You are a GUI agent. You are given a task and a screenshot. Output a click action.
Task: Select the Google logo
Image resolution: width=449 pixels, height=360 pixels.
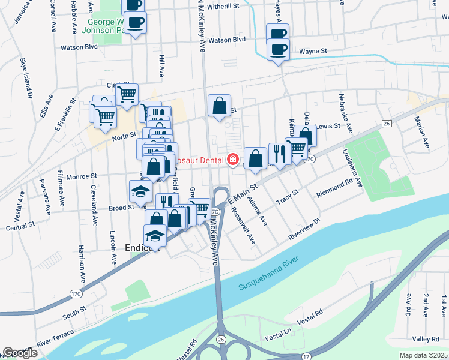click(19, 353)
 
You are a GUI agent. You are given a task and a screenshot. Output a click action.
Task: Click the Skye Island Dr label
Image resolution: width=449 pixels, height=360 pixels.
click(26, 77)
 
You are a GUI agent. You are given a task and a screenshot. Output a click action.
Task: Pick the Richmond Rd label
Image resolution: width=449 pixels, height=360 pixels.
click(334, 187)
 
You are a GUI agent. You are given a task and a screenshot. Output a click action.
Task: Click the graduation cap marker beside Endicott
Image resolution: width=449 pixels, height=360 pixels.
click(155, 235)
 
